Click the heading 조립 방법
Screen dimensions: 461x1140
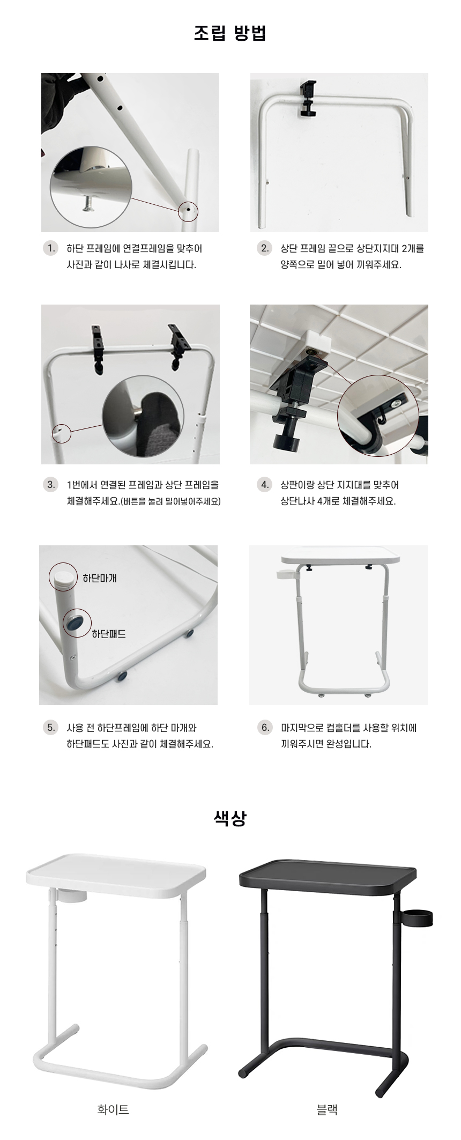pyautogui.click(x=230, y=33)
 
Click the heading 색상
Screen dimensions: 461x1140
pyautogui.click(x=230, y=818)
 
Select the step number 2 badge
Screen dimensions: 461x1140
pyautogui.click(x=265, y=248)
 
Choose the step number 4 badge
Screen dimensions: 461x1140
pyautogui.click(x=265, y=485)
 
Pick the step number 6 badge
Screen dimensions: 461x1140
pyautogui.click(x=265, y=728)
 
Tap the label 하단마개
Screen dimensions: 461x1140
pyautogui.click(x=99, y=578)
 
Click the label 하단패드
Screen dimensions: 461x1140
pyautogui.click(x=109, y=634)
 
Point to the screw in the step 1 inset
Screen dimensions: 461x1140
pyautogui.click(x=87, y=203)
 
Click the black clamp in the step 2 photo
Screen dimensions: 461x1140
pyautogui.click(x=308, y=99)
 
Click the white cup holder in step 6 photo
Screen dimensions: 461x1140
pyautogui.click(x=286, y=575)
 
